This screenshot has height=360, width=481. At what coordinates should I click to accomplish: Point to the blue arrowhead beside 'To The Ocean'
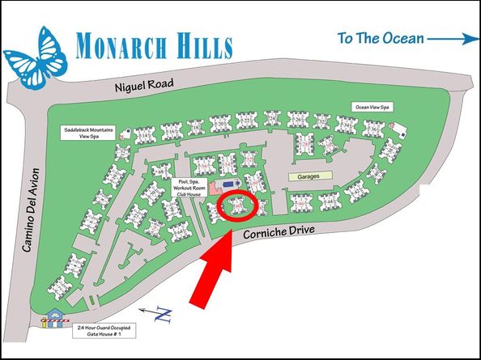(469, 38)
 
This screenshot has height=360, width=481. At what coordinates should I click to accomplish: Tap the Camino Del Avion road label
(29, 216)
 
